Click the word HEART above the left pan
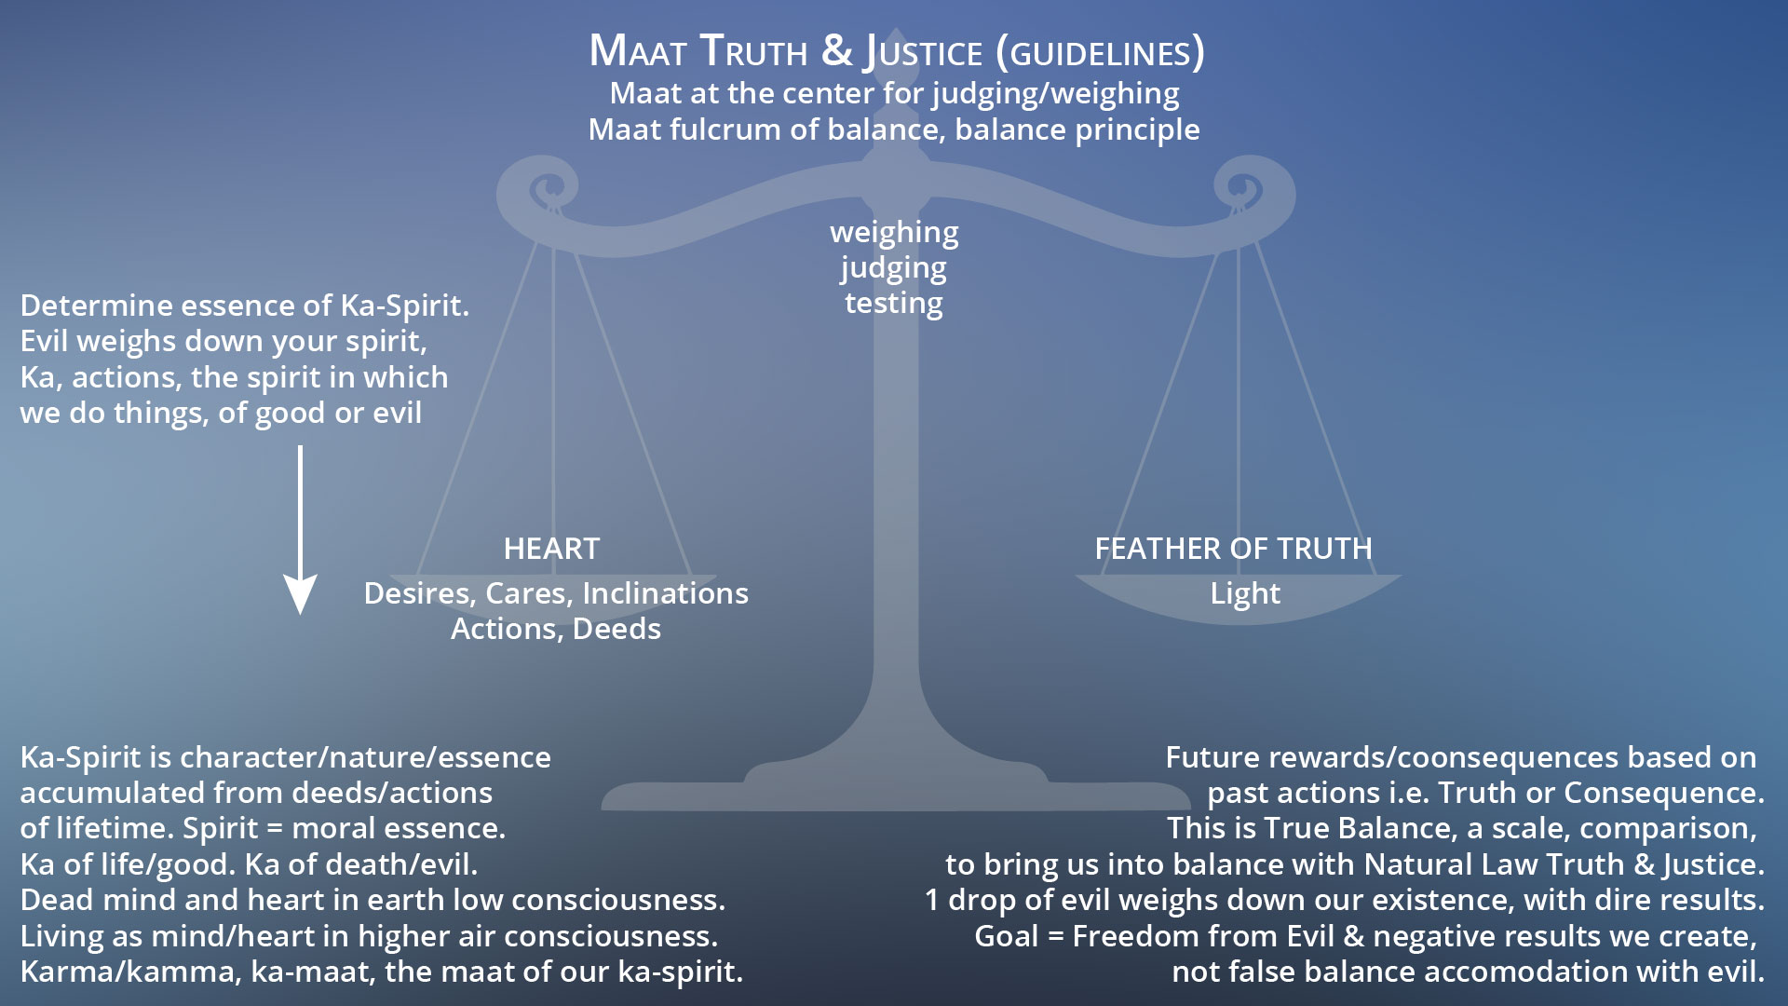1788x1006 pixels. (x=551, y=549)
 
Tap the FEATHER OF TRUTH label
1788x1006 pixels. (x=1233, y=549)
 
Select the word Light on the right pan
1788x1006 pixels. (x=1245, y=593)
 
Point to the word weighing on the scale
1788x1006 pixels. (x=894, y=232)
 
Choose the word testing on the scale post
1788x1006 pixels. (x=894, y=304)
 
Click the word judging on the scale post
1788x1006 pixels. (x=894, y=268)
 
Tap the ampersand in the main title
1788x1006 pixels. (x=836, y=50)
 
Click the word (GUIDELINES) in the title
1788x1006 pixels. (x=1100, y=52)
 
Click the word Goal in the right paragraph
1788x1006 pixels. (x=1006, y=936)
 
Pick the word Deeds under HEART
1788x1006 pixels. (x=616, y=629)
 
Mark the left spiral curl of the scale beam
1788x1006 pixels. (x=542, y=191)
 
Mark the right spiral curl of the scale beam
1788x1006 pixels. (x=1250, y=191)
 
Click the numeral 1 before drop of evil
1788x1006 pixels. (x=932, y=901)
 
